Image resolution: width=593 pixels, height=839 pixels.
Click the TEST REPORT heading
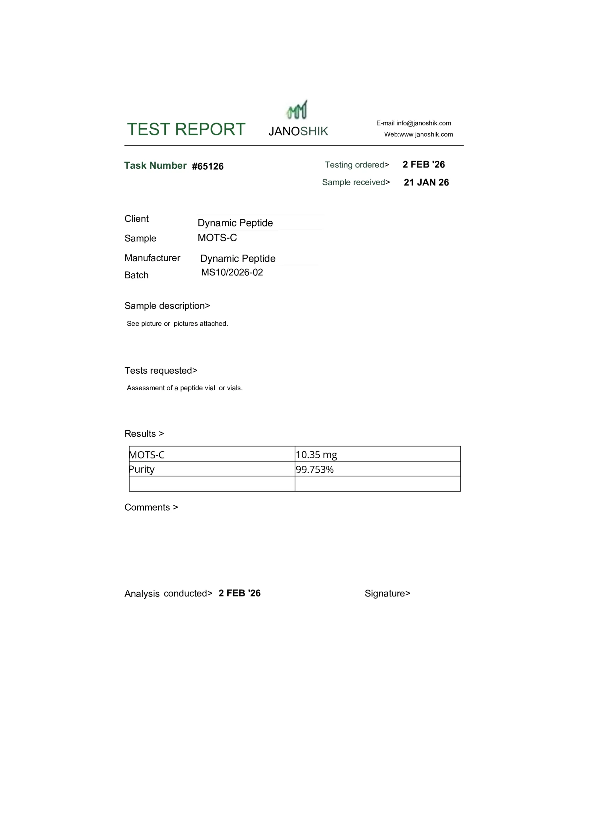pos(186,129)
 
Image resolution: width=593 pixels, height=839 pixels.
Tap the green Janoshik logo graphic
pos(297,110)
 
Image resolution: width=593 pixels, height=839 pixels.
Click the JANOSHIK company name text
pos(298,131)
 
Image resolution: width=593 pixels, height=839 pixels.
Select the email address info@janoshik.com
pos(424,123)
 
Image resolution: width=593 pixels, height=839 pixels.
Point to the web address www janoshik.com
pos(426,134)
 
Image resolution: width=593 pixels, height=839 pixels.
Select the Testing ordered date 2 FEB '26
pos(424,165)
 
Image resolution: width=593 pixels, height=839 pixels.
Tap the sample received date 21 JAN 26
pos(426,182)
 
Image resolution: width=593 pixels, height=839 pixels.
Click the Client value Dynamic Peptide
pos(235,223)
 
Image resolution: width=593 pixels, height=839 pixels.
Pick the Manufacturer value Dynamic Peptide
pos(238,258)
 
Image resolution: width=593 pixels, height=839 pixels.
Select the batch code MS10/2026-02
pos(232,272)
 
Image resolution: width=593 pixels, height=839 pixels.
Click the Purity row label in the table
pos(142,469)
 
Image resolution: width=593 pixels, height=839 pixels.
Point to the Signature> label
pos(387,594)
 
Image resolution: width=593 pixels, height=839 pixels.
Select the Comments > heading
pos(151,507)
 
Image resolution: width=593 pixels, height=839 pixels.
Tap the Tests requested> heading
pos(161,371)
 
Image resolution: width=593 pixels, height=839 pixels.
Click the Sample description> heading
pos(167,306)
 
